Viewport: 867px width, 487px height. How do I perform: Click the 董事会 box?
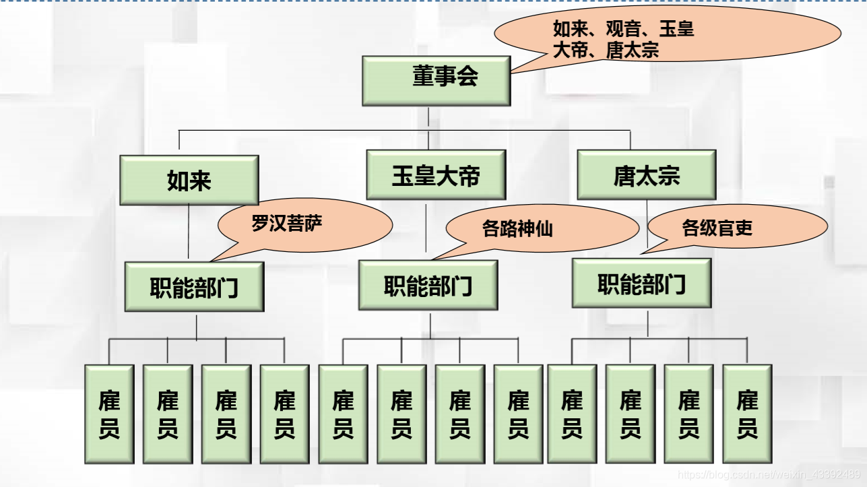[x=436, y=81]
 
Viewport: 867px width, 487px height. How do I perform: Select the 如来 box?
[x=189, y=180]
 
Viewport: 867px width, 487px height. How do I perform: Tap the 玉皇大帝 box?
[x=436, y=174]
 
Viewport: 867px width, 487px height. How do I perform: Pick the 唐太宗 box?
[x=647, y=174]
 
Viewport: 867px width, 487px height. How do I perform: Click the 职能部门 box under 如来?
[x=194, y=288]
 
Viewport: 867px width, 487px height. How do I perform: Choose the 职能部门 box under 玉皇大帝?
[x=428, y=286]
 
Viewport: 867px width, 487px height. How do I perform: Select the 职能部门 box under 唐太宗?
[x=641, y=283]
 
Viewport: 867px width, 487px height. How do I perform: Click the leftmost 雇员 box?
[x=109, y=414]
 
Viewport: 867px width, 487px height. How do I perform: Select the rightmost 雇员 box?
[x=747, y=414]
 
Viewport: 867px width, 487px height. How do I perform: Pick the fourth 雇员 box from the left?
[x=284, y=414]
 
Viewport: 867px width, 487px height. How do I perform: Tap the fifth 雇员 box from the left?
[x=343, y=414]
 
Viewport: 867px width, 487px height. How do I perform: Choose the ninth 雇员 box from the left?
[x=572, y=414]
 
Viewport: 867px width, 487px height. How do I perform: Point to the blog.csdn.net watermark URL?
[x=768, y=474]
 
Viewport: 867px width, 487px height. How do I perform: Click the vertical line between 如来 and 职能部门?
[x=189, y=232]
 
